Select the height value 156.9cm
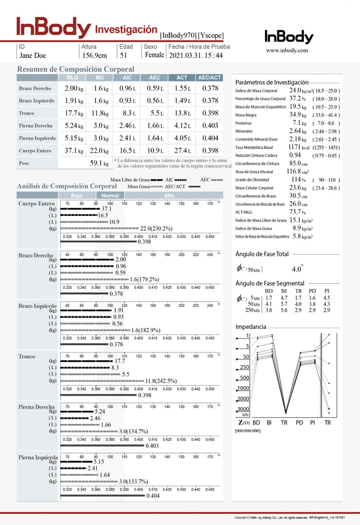pos(94,56)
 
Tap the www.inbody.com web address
pos(287,50)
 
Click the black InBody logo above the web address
pos(289,37)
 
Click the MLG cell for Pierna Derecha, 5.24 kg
pos(74,125)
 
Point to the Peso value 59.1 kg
pos(99,163)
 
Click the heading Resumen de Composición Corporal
pos(75,69)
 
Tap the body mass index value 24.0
pos(295,90)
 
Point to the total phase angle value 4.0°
pos(298,269)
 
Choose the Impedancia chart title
pos(251,327)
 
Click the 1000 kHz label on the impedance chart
pos(242,388)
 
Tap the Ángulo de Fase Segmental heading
pos(270,283)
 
